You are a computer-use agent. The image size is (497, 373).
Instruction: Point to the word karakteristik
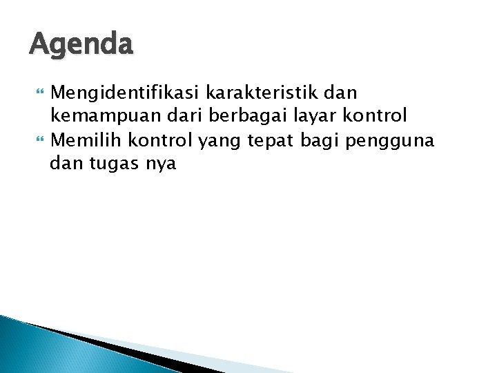[262, 92]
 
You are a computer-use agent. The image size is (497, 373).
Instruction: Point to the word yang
[216, 140]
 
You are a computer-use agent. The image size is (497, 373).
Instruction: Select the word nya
[161, 164]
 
